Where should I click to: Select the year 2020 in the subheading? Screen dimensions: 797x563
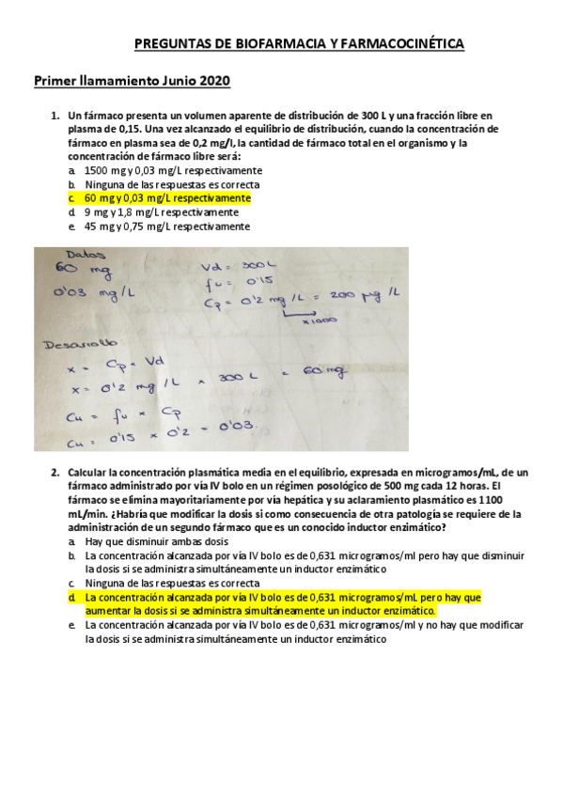click(212, 82)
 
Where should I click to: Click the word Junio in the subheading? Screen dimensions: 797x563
click(169, 82)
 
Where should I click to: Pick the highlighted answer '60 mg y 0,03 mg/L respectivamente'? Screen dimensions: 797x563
click(167, 198)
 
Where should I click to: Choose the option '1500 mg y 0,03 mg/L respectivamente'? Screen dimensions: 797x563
click(173, 171)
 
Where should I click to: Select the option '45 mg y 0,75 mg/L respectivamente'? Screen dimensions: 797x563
click(167, 227)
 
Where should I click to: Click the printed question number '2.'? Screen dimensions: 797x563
click(55, 472)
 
